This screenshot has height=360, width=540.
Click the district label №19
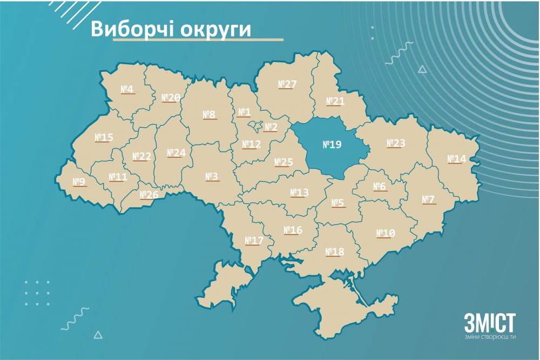tap(332, 145)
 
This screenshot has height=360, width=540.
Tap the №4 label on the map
tap(127, 89)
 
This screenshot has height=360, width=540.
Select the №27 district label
tap(287, 84)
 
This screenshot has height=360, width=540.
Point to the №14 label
tap(456, 159)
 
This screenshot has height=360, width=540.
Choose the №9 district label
tap(79, 182)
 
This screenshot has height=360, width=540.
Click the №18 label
tap(335, 252)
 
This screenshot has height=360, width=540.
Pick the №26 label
tap(149, 194)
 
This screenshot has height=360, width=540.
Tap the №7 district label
tap(428, 200)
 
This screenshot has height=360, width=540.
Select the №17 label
tap(254, 240)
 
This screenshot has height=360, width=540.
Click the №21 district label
tap(335, 101)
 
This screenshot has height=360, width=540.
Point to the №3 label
tap(211, 176)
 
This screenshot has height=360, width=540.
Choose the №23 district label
tap(396, 143)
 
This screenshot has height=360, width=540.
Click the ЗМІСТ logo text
tap(490, 323)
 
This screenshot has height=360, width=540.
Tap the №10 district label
tap(386, 233)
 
